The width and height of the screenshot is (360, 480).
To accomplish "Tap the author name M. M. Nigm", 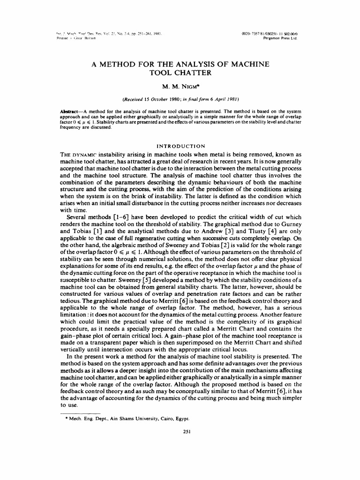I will coord(180,86).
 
